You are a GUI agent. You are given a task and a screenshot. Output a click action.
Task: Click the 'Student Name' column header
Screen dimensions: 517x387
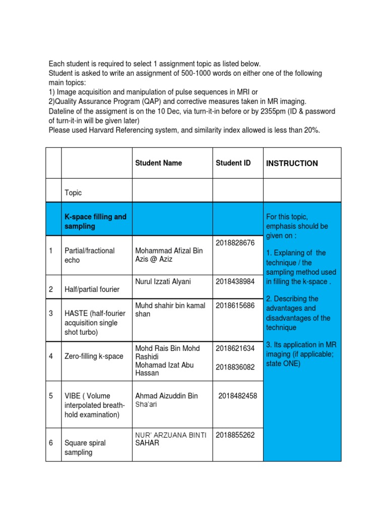(158, 163)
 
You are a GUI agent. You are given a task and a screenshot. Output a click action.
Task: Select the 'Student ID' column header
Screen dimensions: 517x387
(233, 163)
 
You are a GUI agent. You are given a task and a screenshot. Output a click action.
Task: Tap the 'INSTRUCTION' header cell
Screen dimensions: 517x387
(292, 164)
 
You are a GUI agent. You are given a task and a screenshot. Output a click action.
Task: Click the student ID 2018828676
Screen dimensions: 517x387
(236, 243)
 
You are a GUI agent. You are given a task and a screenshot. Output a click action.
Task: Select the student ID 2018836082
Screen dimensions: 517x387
(236, 368)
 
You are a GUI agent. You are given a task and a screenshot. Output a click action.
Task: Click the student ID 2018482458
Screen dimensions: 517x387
(237, 396)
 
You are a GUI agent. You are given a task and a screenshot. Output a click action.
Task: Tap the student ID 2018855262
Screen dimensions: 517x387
(236, 435)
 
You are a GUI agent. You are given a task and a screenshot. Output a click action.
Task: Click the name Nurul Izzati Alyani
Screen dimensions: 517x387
(163, 281)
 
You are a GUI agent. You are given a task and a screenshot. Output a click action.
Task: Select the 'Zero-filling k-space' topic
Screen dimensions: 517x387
(94, 356)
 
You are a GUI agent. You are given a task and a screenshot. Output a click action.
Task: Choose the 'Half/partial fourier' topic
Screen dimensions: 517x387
(92, 290)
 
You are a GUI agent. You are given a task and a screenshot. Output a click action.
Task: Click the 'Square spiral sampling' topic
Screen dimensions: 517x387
(85, 448)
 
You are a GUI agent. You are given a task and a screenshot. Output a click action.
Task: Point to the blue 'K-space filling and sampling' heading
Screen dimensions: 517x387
(95, 222)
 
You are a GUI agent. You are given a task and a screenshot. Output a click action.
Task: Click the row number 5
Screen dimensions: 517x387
(51, 396)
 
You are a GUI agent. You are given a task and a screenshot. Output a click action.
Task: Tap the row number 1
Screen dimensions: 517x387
(51, 251)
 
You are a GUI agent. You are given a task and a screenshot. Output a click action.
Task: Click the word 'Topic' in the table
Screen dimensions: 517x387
(73, 193)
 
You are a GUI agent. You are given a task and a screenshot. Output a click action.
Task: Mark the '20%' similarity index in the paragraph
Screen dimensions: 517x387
(310, 130)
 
